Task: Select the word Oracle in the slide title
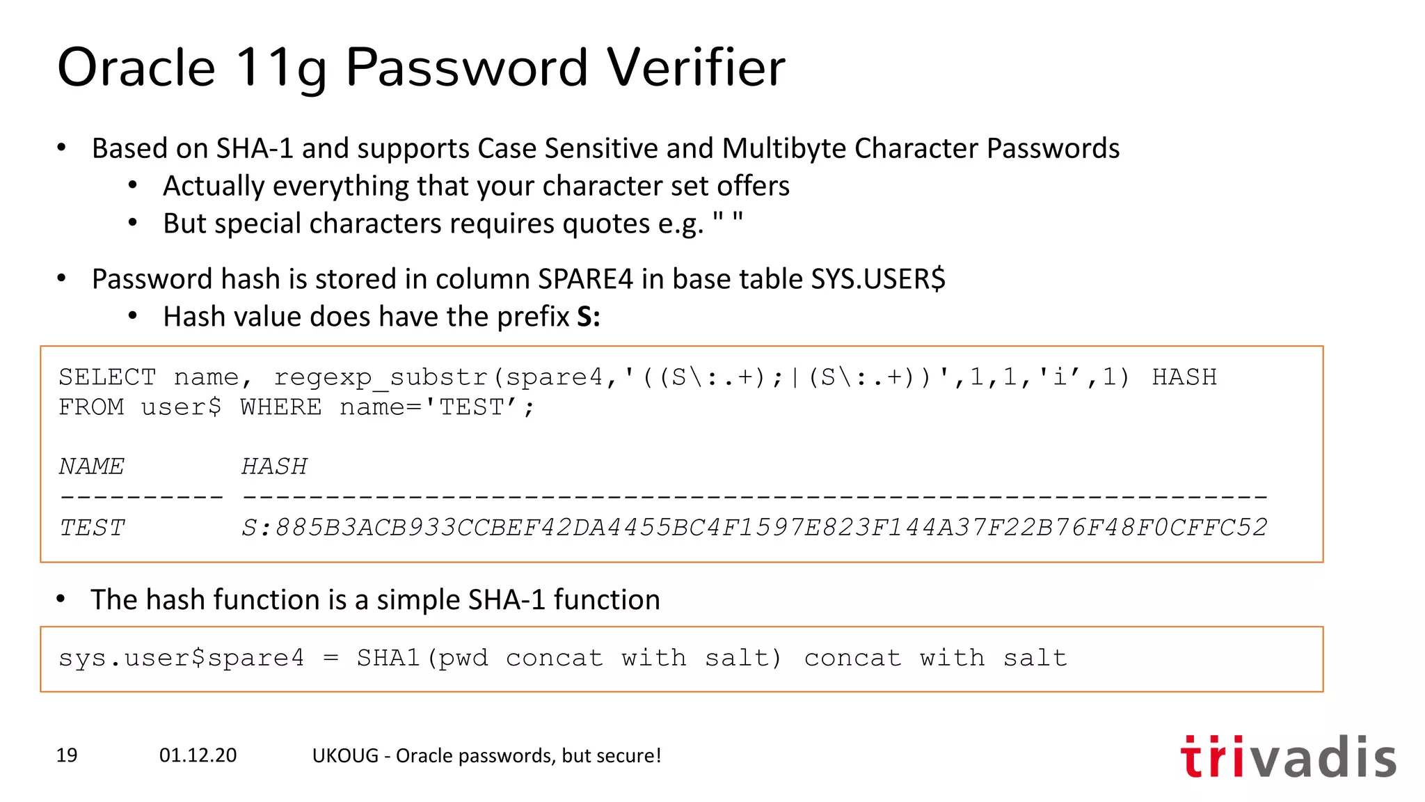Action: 136,68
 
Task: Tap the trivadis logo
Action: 1288,757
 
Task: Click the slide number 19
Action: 67,755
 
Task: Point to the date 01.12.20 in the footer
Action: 198,755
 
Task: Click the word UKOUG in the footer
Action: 345,755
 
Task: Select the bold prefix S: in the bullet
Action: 589,317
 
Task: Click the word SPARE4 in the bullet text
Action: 585,279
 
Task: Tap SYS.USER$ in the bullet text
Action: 878,279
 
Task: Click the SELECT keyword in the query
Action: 107,377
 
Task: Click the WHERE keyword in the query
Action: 281,407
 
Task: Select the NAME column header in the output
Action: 92,466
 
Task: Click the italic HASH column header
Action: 274,466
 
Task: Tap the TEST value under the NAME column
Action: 92,528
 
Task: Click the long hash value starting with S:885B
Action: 754,528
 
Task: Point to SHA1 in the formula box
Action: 388,658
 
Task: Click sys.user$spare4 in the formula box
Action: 181,658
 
